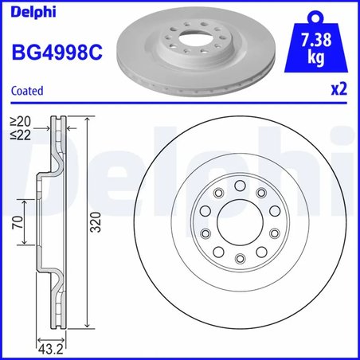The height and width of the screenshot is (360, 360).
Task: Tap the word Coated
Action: tap(27, 90)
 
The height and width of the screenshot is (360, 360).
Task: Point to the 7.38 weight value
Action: tap(319, 41)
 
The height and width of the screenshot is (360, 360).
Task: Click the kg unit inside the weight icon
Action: tap(319, 59)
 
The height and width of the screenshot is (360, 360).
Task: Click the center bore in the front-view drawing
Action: tap(240, 222)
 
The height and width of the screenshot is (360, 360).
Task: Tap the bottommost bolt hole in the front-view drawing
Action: tap(240, 259)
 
